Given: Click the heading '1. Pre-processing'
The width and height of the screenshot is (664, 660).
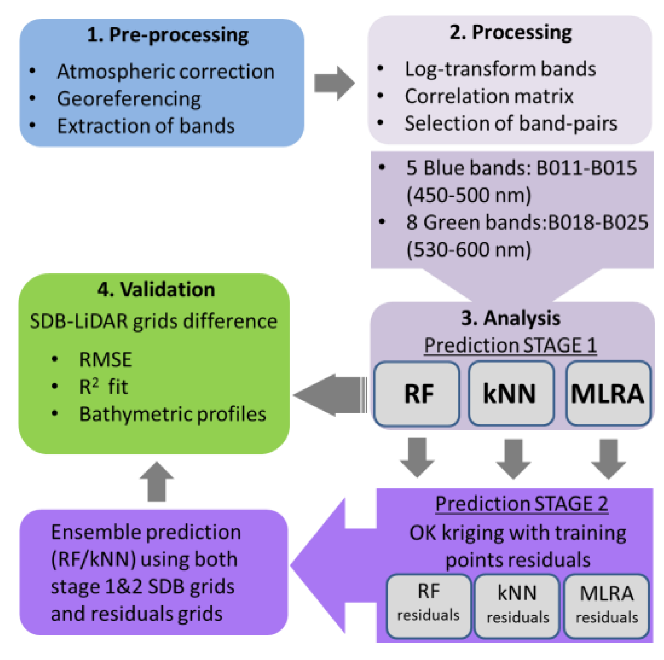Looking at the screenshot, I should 168,35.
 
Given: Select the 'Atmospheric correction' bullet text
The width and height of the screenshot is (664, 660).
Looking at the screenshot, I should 165,72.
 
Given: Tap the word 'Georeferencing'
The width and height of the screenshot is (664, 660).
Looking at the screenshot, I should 129,99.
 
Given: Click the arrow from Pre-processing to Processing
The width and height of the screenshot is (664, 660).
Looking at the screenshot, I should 334,83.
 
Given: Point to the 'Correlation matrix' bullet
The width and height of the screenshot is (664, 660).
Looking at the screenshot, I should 489,97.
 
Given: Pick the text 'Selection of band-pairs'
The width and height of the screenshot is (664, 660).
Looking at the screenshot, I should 511,123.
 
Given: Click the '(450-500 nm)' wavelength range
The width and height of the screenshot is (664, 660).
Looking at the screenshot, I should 469,195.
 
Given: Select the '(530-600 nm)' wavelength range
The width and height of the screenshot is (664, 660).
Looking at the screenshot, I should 469,250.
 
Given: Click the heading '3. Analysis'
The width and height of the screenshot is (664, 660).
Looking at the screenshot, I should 510,319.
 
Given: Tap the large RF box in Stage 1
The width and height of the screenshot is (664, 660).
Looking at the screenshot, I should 417,394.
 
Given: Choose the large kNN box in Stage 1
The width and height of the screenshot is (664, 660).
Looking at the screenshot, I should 510,394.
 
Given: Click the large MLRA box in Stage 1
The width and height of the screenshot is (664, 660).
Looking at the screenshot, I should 608,394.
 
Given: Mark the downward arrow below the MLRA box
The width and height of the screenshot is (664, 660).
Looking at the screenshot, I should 608,459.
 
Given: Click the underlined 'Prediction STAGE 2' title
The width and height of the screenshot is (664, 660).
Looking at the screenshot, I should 522,504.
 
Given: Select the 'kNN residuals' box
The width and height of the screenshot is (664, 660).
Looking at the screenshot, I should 517,605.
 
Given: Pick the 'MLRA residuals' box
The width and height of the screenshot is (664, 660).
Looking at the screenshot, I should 606,605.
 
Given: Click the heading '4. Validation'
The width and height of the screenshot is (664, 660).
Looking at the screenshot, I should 156,290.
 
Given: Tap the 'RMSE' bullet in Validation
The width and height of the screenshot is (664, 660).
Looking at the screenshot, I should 105,360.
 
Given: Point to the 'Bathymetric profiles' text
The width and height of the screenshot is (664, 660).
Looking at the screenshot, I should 173,414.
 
